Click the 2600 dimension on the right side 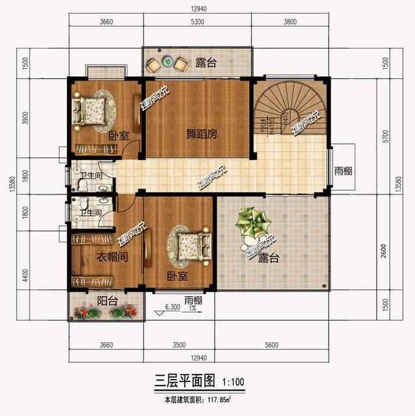pos(386,249)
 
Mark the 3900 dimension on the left pos(25,118)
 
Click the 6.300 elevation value pos(172,307)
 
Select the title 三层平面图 pos(182,380)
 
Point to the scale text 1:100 pos(233,382)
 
